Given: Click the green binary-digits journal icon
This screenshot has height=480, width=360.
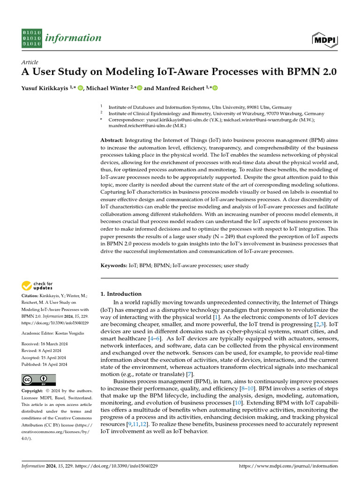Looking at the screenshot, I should pos(32,38).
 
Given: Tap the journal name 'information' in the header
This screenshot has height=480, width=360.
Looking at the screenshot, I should pos(72,38).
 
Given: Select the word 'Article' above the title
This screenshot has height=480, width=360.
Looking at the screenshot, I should pos(30,62).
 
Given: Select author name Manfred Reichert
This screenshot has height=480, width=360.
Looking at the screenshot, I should pos(180,88).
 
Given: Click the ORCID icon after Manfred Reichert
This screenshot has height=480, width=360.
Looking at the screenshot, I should pos(215,88).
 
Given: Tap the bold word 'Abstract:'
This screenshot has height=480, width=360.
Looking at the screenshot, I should pos(112,141).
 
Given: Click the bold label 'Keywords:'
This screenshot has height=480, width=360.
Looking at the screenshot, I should pos(114,266).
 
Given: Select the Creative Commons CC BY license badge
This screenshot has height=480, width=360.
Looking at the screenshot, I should pos(39,380).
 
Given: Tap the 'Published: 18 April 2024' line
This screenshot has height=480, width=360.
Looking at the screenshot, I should pos(44,364).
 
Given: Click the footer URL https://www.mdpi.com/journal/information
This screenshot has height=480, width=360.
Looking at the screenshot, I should pos(288,466).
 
